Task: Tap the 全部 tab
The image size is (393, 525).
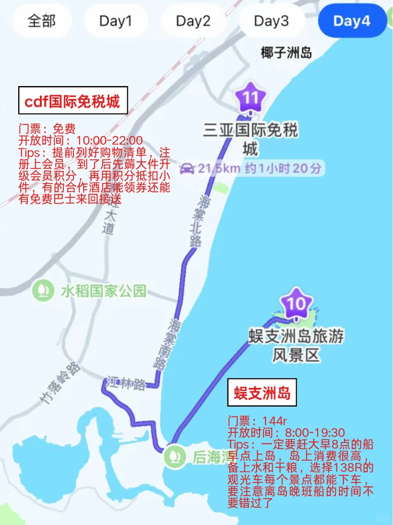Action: click(42, 21)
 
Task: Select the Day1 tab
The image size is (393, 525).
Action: click(115, 21)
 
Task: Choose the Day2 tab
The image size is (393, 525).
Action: click(193, 21)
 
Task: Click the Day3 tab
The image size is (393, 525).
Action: click(271, 21)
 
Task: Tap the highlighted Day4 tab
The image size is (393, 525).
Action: click(351, 21)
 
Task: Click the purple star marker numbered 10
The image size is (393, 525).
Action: click(296, 303)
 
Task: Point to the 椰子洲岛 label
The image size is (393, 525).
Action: click(286, 52)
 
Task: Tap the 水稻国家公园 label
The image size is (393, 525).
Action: click(103, 291)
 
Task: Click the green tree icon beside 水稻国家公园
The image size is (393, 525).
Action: click(43, 290)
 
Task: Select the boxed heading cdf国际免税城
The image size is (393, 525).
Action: click(72, 101)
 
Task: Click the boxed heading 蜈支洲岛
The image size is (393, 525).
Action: click(262, 392)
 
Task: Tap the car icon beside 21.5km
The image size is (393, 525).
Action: click(187, 169)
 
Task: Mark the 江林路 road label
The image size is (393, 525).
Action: click(126, 384)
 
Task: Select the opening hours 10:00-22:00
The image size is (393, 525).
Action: click(109, 140)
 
